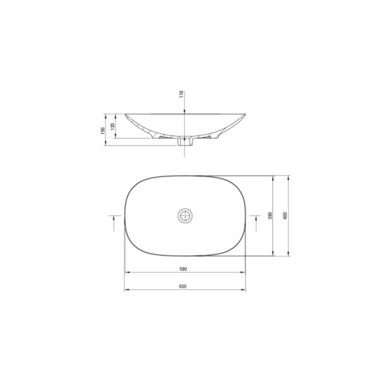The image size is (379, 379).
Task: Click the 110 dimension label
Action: (181, 94)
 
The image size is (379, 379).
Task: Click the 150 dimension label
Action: (103, 131)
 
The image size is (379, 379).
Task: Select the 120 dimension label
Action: (112, 126)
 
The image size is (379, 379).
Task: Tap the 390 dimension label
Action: (270, 215)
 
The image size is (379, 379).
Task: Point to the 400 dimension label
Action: (285, 215)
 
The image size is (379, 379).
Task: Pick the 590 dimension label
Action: (183, 269)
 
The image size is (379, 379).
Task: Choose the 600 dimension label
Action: (183, 286)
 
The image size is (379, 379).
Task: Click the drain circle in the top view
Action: (185, 215)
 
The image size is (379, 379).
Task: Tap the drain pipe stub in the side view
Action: (185, 141)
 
